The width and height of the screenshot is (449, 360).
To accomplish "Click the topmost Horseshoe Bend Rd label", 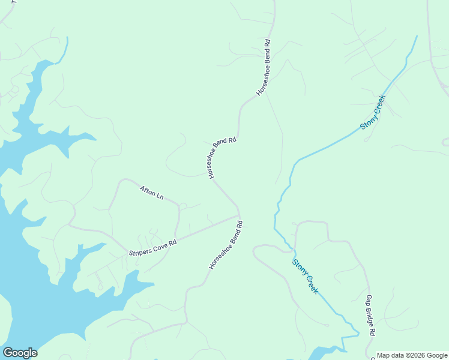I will point(264,68).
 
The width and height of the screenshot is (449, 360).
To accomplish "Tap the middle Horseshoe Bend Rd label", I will point(222,158).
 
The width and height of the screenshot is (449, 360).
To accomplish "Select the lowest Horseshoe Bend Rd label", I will point(226,244).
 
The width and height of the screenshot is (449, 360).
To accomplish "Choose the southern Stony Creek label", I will point(306,276).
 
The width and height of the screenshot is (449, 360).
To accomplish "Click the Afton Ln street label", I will point(152,193).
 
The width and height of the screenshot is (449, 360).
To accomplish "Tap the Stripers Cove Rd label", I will point(152,247).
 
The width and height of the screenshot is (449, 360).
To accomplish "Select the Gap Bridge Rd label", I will point(370,315).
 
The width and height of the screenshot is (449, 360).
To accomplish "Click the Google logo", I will point(20,353).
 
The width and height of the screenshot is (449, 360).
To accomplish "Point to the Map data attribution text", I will point(412,355).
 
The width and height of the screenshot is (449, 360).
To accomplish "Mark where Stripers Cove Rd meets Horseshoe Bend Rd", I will point(239,216).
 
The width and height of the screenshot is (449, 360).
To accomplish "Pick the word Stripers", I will point(139,251).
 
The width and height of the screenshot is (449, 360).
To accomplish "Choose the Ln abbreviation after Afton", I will point(160,196).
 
